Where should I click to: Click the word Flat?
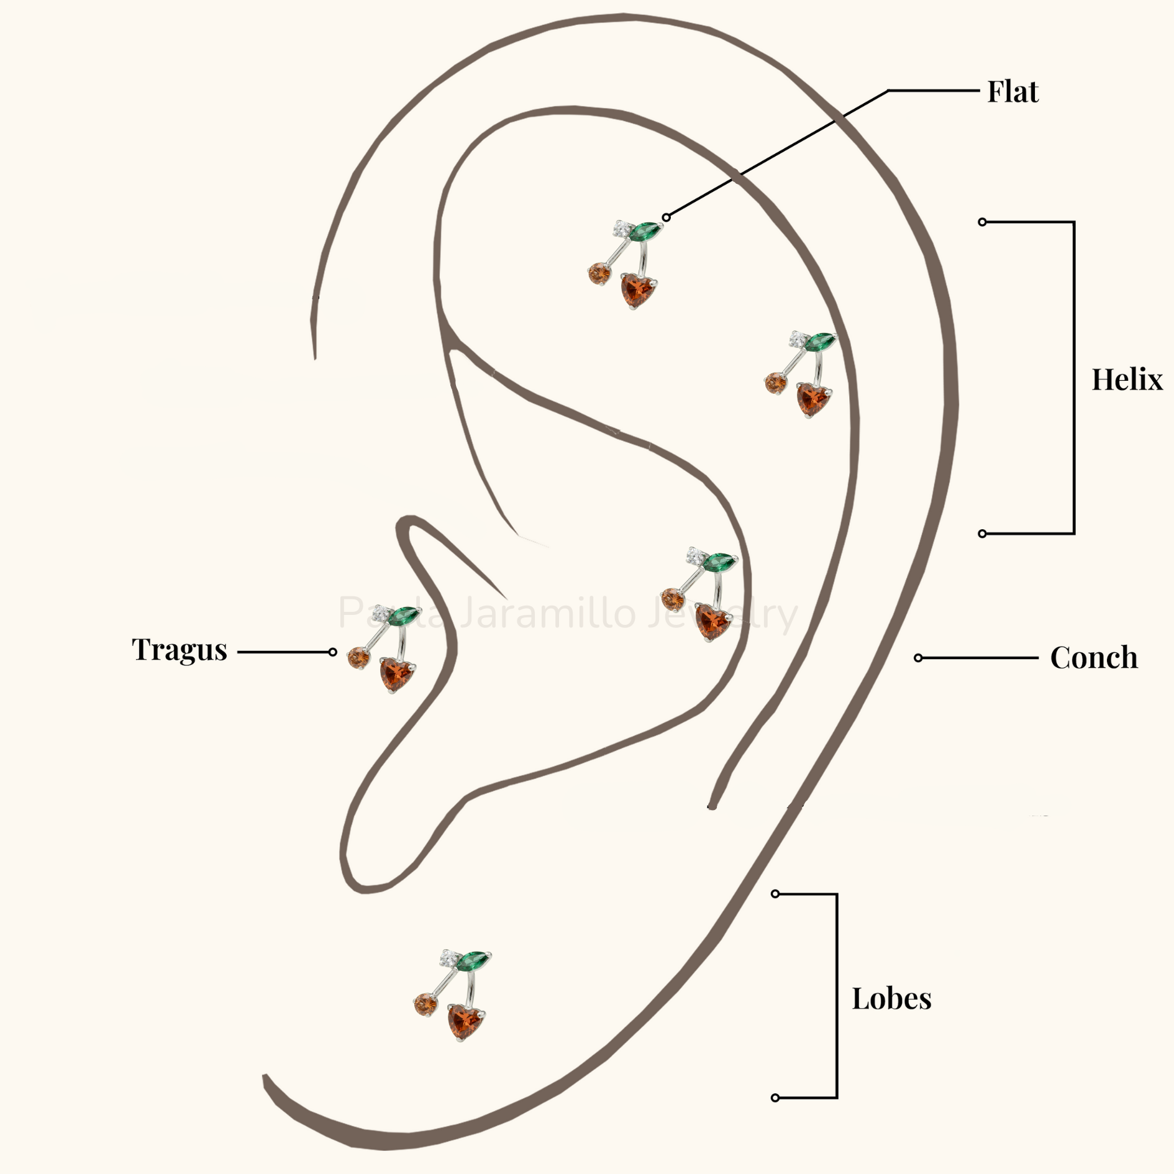1012,92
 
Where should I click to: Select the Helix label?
1127,379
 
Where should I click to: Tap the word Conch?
1094,657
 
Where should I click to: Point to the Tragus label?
180,650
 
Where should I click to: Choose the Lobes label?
891,999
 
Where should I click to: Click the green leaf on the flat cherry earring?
645,232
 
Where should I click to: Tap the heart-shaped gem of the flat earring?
638,290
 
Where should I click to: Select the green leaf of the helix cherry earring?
820,342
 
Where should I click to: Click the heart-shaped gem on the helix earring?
813,399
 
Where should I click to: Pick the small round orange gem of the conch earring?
671,599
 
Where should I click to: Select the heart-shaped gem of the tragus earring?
397,675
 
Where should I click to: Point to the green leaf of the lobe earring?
474,960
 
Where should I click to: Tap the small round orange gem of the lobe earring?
425,1004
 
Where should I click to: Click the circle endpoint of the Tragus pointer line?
332,652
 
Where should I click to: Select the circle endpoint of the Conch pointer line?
918,658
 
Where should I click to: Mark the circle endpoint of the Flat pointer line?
667,217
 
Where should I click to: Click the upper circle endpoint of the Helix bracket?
982,222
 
